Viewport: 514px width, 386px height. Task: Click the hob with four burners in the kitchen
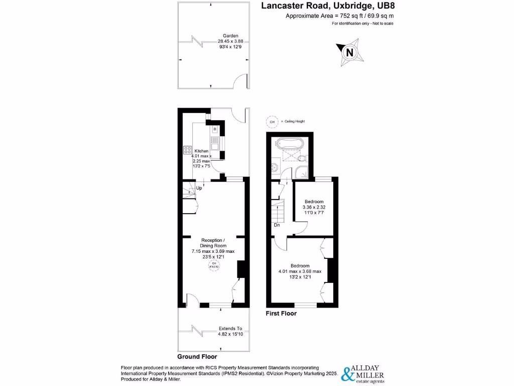(x=188, y=149)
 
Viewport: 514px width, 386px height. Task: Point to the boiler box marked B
(x=215, y=129)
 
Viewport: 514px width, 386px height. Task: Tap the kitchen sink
(x=214, y=146)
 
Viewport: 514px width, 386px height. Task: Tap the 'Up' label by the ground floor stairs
(x=199, y=188)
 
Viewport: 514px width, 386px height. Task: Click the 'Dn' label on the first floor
(x=277, y=225)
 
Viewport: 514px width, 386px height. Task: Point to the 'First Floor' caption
(x=281, y=314)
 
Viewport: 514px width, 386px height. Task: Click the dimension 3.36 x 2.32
(x=314, y=207)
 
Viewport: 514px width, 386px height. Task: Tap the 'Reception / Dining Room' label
(x=213, y=242)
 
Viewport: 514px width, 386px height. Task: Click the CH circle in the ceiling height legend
(x=272, y=122)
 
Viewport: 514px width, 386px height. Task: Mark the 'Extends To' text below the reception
(x=230, y=329)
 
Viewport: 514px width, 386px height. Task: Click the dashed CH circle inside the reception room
(x=213, y=265)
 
